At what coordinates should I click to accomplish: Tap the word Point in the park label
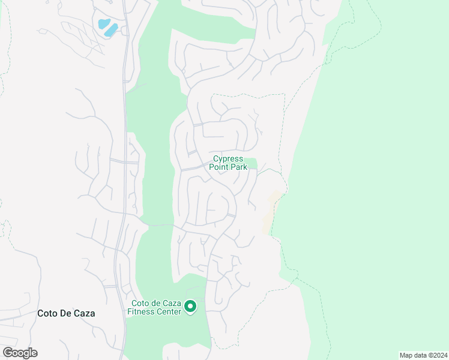[219, 167]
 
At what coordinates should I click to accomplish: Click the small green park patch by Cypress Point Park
[252, 163]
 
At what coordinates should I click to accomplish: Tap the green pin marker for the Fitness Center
[190, 307]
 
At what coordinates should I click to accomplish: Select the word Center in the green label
[167, 311]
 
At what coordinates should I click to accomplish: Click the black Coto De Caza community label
[66, 313]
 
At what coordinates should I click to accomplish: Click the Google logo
[20, 353]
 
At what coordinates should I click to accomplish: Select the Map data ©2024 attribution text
[423, 355]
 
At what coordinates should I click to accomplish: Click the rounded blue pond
[103, 24]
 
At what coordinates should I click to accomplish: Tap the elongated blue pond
[111, 31]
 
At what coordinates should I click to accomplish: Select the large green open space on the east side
[372, 180]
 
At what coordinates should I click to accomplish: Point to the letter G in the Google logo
[8, 353]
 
